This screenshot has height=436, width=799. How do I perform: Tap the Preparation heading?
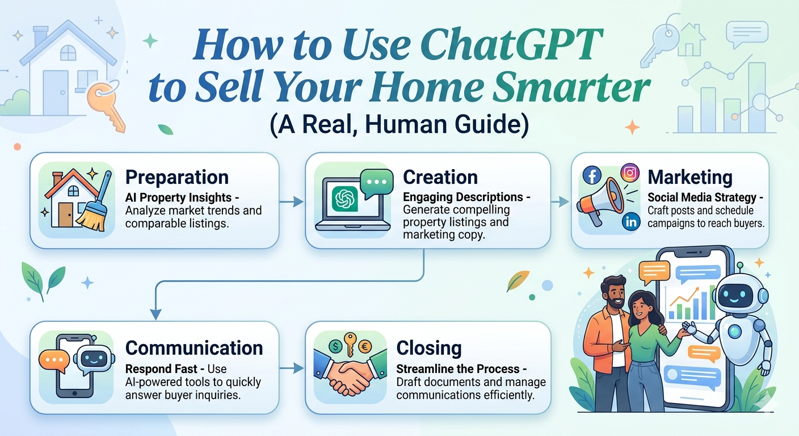(x=177, y=177)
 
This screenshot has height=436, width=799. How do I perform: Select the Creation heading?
(x=440, y=177)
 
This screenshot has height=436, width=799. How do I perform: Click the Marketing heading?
(x=690, y=177)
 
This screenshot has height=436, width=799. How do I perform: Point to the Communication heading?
(x=194, y=347)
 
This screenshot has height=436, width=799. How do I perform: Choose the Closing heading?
(x=429, y=348)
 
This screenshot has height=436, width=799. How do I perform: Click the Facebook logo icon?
(x=592, y=175)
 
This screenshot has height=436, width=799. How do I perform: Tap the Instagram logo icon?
(x=630, y=173)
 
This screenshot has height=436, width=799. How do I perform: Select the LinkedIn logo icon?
(x=631, y=221)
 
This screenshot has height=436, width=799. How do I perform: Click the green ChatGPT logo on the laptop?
(x=344, y=199)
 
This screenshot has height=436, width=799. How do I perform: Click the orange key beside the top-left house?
(x=105, y=105)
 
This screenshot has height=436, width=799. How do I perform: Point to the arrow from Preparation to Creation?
(x=292, y=202)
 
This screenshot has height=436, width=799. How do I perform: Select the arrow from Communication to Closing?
(x=292, y=368)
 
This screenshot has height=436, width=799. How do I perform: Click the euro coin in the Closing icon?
(x=364, y=346)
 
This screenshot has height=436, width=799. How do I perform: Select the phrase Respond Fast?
(x=161, y=368)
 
